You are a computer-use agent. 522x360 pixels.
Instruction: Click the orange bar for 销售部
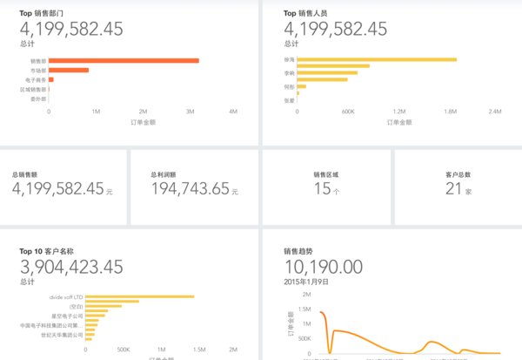[124, 61]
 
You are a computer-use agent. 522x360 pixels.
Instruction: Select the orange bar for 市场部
[69, 71]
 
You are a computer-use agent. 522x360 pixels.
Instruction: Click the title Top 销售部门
[47, 14]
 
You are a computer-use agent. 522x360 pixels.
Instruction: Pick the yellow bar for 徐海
[378, 59]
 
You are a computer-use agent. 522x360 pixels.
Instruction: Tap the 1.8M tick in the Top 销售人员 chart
[450, 112]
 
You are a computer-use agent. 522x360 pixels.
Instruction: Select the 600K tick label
[349, 112]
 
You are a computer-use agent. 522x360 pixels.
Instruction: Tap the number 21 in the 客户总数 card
[453, 188]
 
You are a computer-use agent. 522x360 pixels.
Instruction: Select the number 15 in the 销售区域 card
[321, 188]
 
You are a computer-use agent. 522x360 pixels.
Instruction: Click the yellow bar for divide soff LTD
[139, 297]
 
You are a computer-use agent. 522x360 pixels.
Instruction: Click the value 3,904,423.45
[71, 268]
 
